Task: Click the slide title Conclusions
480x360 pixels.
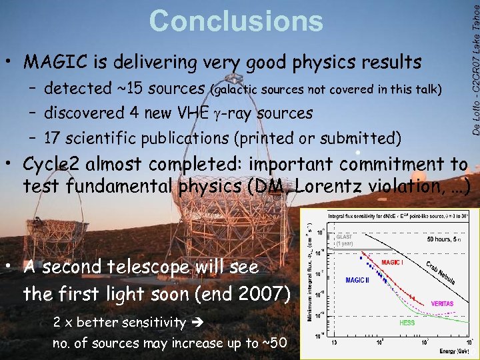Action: click(x=236, y=21)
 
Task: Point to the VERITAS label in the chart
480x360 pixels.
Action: click(x=441, y=303)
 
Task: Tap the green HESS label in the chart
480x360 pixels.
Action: click(x=407, y=323)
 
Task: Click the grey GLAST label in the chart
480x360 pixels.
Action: click(x=345, y=236)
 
